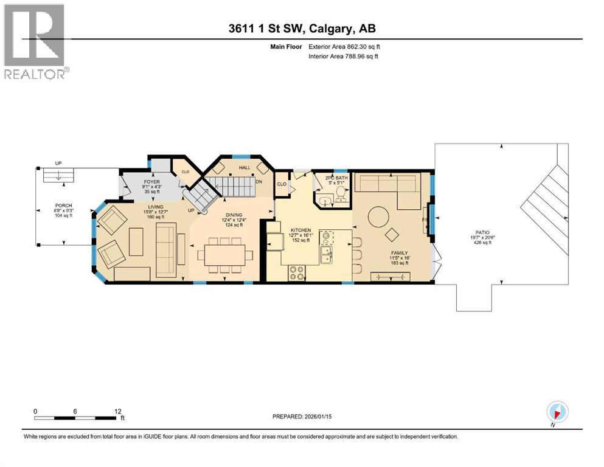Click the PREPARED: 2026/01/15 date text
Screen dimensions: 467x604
click(302, 417)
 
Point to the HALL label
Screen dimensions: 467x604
click(245, 167)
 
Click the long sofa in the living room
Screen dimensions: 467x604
click(165, 243)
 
